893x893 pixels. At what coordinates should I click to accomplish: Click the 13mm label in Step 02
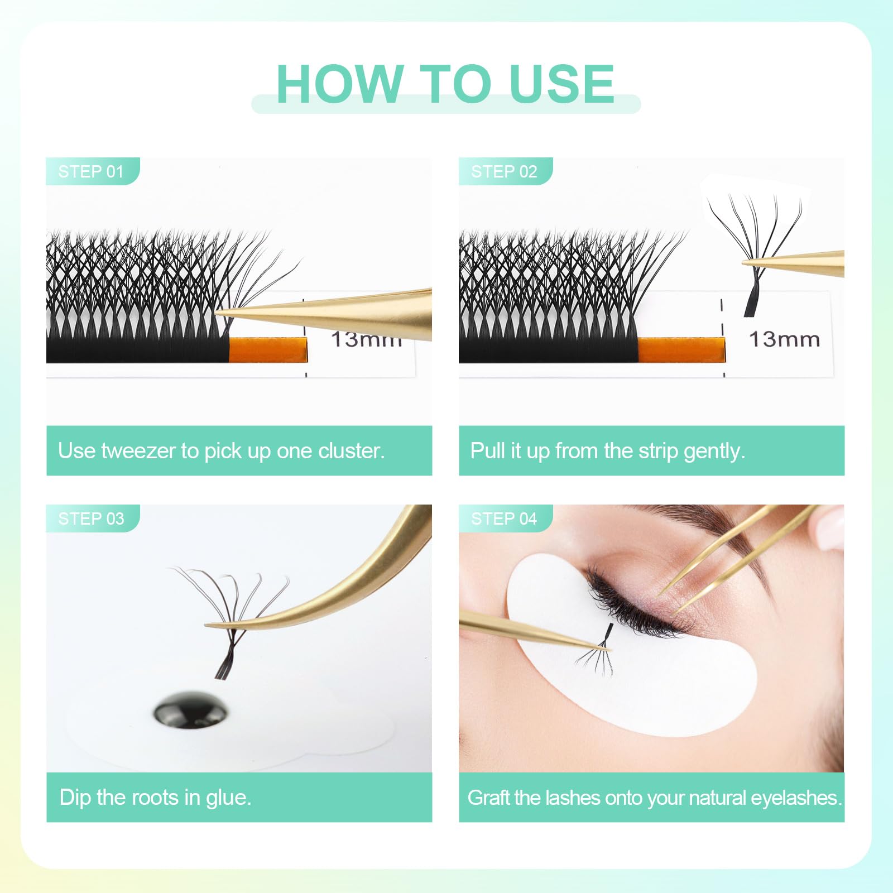784,339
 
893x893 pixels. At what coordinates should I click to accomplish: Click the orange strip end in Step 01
268,350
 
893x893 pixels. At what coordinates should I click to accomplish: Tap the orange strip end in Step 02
681,350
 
